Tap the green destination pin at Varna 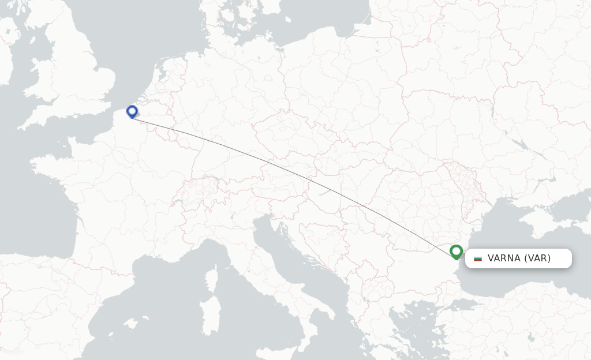tap(457, 252)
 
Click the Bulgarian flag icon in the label tap(477, 258)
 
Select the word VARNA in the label tap(504, 258)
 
